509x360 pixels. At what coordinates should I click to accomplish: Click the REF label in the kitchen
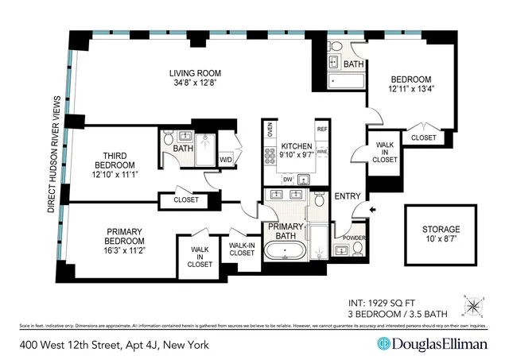(x=322, y=129)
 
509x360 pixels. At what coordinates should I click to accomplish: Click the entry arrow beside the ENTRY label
(x=374, y=210)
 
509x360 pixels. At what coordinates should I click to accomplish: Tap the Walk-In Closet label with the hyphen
(x=242, y=250)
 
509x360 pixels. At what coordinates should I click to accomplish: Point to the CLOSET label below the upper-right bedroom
(x=423, y=137)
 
